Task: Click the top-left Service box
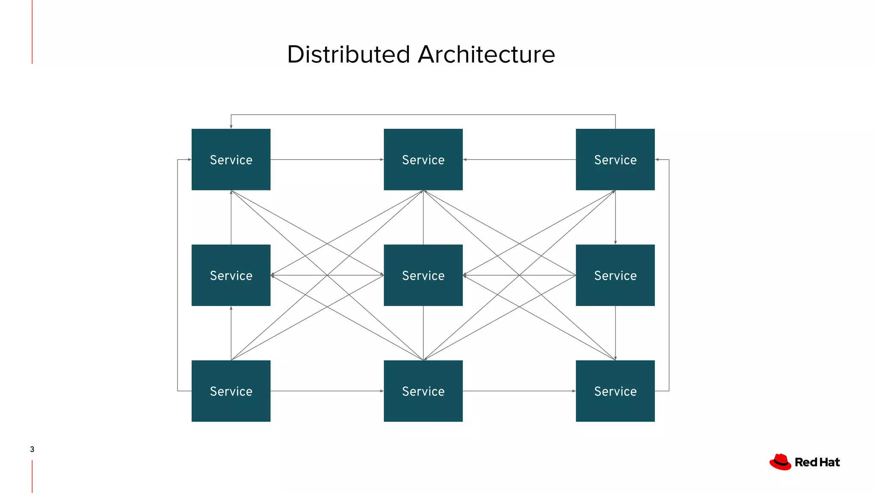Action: [x=231, y=159]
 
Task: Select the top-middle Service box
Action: [x=423, y=159]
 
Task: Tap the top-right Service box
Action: [x=615, y=159]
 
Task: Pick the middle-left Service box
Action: [x=231, y=275]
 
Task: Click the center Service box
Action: [x=423, y=275]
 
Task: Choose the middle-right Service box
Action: [x=615, y=275]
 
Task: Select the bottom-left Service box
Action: [x=231, y=391]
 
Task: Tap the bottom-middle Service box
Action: [x=423, y=391]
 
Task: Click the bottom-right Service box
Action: [x=615, y=391]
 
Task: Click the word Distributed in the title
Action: [x=349, y=54]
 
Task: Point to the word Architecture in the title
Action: [x=486, y=54]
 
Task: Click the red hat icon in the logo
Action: [x=780, y=462]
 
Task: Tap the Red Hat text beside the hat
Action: [x=817, y=462]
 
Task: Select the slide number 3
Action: [x=32, y=449]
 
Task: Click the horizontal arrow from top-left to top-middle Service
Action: [x=327, y=160]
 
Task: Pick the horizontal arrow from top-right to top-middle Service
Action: [x=519, y=160]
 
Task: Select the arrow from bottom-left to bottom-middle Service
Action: [x=327, y=391]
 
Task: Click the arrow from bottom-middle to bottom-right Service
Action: [x=519, y=391]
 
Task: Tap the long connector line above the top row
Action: [x=423, y=115]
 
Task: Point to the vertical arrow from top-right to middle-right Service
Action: [x=615, y=217]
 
